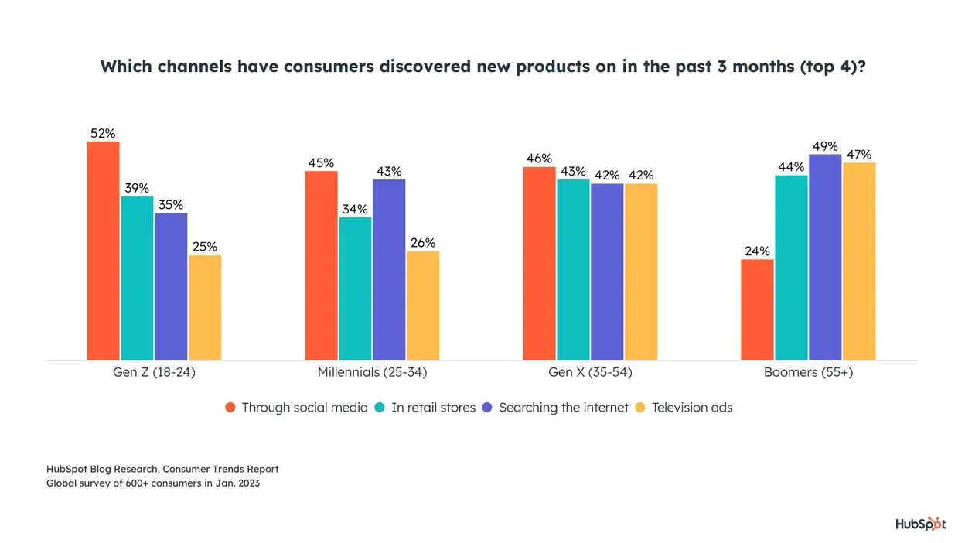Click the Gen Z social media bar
point(103,251)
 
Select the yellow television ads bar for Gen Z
point(205,307)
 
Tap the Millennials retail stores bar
point(355,289)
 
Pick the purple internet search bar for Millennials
point(389,269)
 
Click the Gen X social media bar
point(539,263)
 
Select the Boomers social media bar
point(757,309)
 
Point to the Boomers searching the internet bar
point(825,257)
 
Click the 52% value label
point(103,134)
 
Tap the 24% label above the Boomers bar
point(757,251)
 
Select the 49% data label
point(825,146)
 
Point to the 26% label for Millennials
point(423,243)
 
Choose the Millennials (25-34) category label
point(372,372)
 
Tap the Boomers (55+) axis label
point(808,372)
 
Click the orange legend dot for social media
point(230,408)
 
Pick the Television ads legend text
point(692,408)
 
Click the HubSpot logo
point(920,524)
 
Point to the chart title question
point(482,67)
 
